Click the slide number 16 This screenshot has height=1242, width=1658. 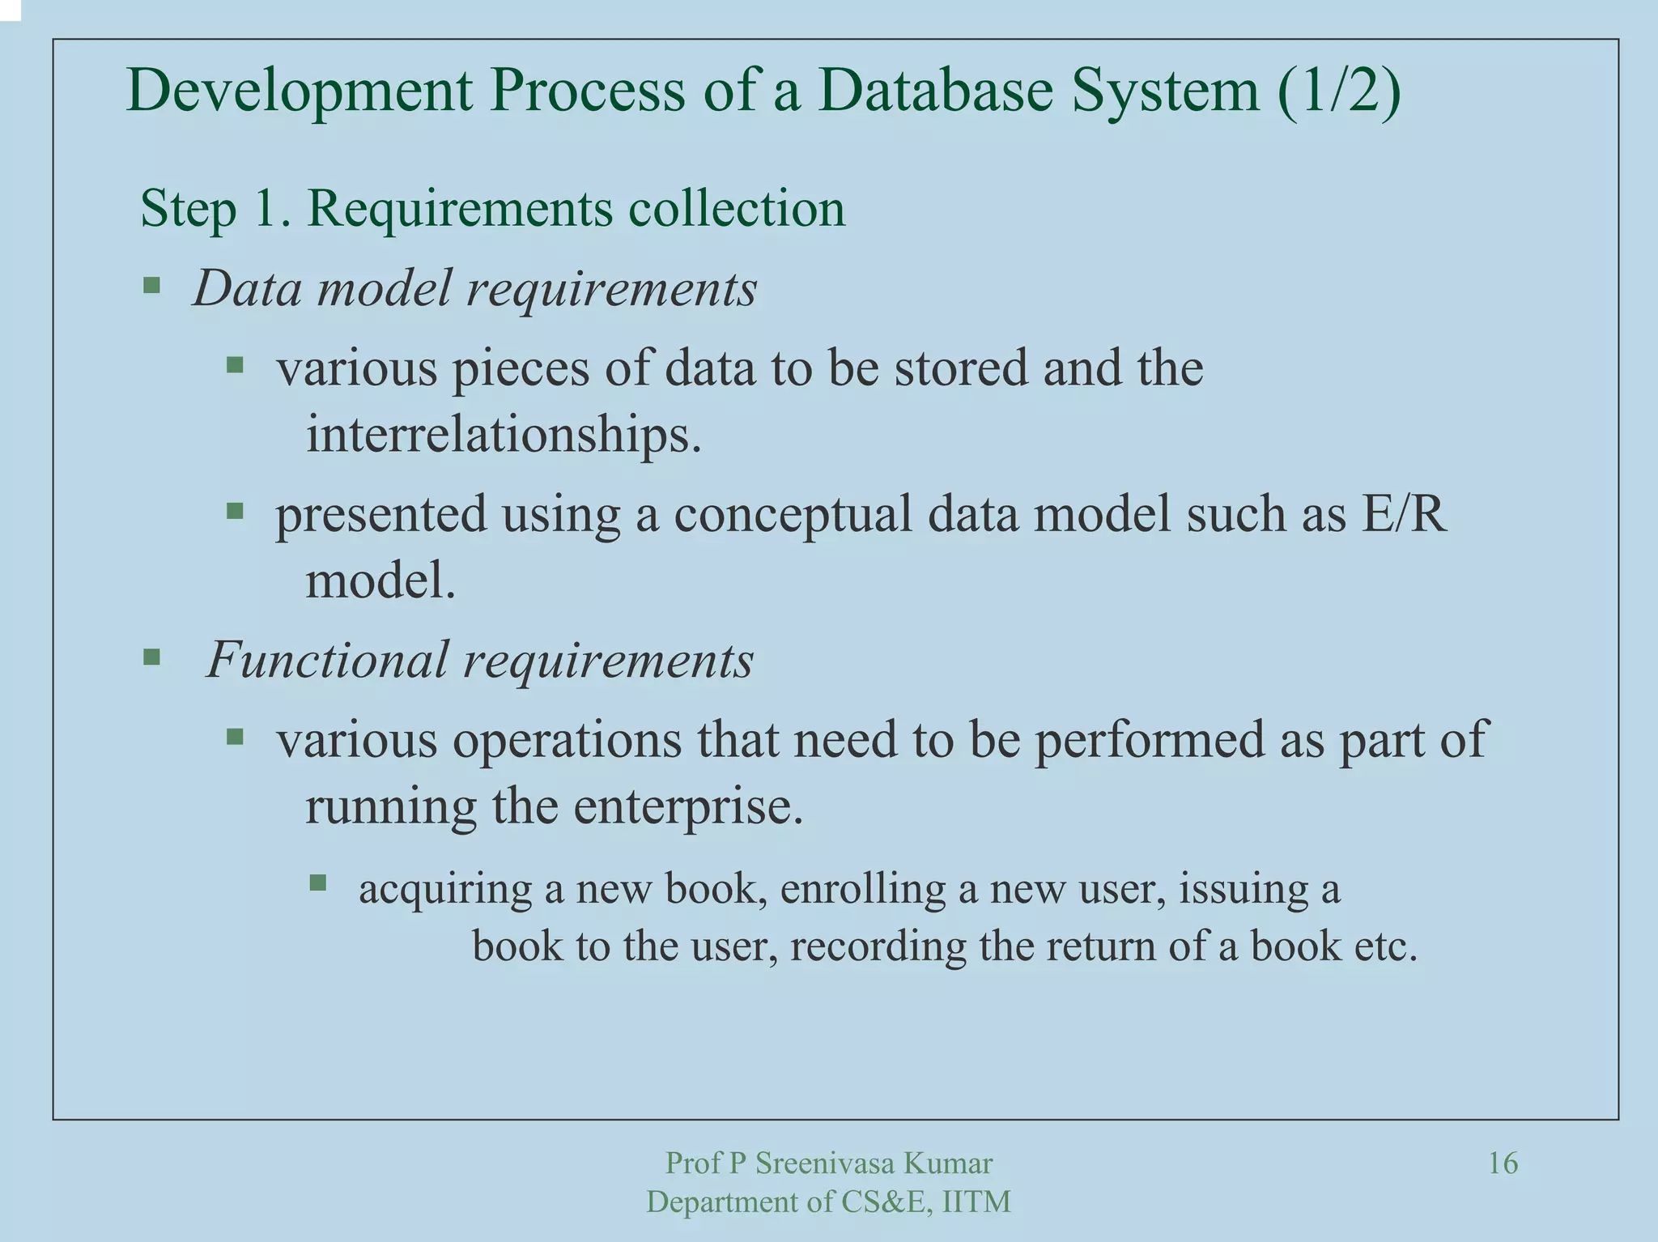click(1503, 1163)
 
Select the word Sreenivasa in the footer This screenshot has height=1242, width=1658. click(825, 1163)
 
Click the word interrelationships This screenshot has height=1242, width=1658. click(503, 435)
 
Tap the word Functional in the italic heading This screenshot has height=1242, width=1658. click(327, 660)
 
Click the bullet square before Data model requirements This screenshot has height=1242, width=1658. click(151, 285)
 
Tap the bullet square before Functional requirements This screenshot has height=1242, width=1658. click(151, 657)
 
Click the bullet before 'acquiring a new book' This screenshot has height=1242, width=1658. click(317, 883)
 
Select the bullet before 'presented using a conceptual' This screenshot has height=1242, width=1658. click(235, 511)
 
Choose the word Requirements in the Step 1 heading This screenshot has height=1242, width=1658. click(460, 209)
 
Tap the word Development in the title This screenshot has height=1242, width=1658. click(300, 91)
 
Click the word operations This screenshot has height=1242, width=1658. click(566, 741)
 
